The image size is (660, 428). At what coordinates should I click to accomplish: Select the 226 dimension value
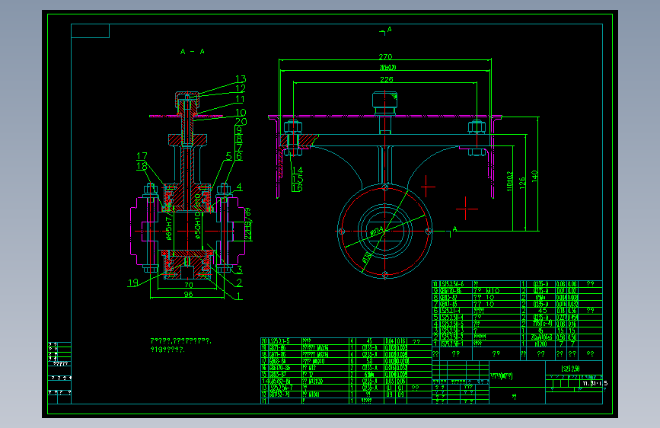[x=387, y=79]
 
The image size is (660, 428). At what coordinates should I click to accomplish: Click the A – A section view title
[x=192, y=52]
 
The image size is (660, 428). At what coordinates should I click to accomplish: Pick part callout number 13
[x=241, y=79]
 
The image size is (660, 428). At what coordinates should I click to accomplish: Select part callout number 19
[x=133, y=283]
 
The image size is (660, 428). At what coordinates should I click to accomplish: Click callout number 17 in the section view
[x=142, y=156]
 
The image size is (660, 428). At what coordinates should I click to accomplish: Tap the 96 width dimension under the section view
[x=187, y=294]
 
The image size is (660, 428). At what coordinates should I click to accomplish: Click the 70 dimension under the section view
[x=187, y=286]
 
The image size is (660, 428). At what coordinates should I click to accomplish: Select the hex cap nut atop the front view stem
[x=384, y=100]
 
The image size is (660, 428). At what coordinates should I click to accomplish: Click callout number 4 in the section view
[x=238, y=187]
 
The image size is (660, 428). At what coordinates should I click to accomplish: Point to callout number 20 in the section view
[x=241, y=122]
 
